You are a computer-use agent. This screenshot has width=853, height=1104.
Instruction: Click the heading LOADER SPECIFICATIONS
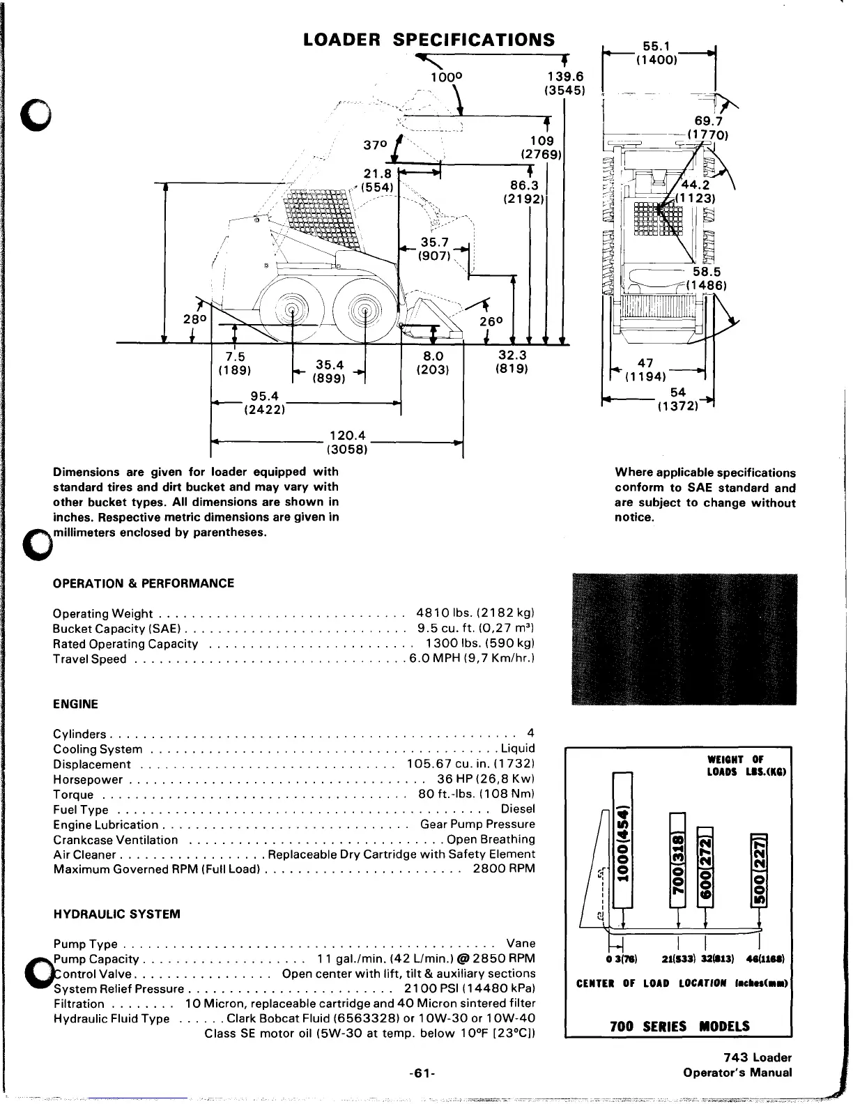pos(430,39)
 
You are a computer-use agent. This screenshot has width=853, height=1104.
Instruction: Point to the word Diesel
pos(518,809)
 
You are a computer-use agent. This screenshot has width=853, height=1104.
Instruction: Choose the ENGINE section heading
pos(76,704)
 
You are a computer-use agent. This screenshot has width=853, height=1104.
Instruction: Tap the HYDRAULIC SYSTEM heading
pos(117,914)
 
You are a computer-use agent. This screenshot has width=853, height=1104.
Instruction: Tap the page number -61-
pos(423,1073)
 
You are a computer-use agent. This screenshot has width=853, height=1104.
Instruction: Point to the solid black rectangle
pos(684,638)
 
